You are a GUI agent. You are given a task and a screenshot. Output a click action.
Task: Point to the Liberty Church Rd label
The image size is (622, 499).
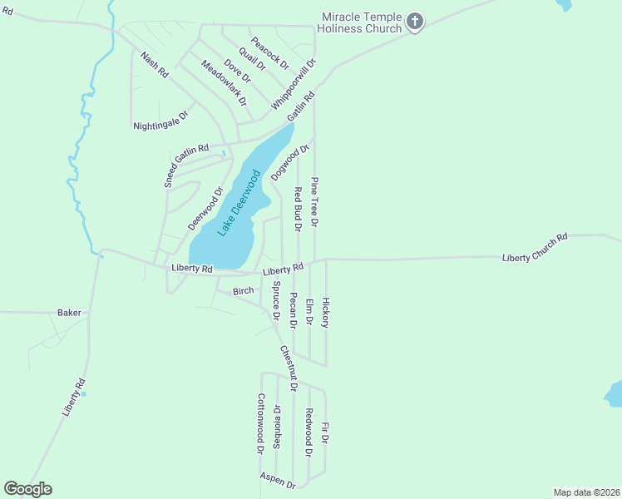[x=535, y=248]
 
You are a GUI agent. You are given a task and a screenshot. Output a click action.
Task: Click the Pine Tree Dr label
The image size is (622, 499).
[x=314, y=201]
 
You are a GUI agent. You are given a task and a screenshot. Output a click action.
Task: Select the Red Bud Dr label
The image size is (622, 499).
[x=298, y=209]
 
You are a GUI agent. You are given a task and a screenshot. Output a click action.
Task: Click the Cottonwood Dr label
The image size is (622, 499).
[x=260, y=423]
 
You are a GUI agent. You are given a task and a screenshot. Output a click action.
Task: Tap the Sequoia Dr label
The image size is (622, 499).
[x=277, y=427]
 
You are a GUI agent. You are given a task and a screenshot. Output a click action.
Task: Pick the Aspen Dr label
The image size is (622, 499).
[x=277, y=479]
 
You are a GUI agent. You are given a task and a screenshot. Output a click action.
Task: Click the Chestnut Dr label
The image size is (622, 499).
[x=289, y=368]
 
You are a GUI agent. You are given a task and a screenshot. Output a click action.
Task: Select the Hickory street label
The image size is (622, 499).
[x=326, y=312]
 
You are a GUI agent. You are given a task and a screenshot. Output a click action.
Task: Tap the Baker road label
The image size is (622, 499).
[x=69, y=313]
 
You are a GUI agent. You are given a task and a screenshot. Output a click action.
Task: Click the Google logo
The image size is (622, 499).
[x=27, y=489]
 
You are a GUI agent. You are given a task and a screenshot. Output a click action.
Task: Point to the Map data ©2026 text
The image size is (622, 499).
[x=586, y=492]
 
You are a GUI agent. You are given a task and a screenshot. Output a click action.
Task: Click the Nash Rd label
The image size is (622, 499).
[x=155, y=65]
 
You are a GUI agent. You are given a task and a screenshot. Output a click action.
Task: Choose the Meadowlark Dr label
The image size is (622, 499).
[x=225, y=82]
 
